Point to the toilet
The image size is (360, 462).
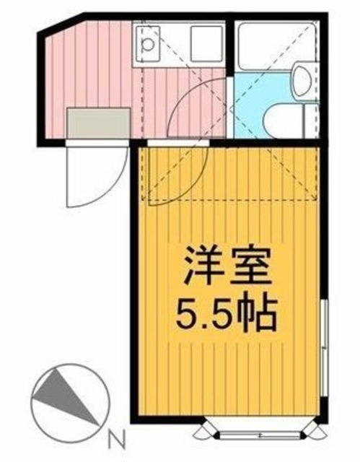point(285,118)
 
